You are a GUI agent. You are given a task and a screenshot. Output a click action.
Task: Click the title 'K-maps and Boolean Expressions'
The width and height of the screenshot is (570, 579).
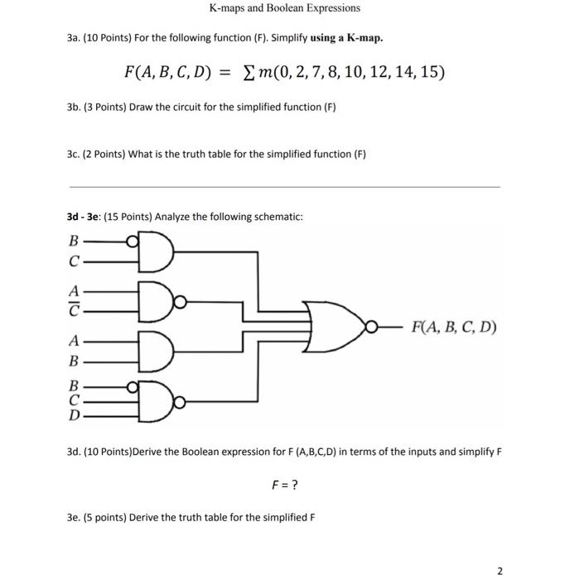point(284,8)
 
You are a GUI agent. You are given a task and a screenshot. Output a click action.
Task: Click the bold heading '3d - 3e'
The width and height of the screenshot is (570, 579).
point(86,217)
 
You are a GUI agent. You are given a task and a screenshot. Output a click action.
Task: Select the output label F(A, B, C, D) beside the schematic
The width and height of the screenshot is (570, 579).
point(453,327)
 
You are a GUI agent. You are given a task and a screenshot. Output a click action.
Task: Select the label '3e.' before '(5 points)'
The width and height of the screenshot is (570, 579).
point(75,518)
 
